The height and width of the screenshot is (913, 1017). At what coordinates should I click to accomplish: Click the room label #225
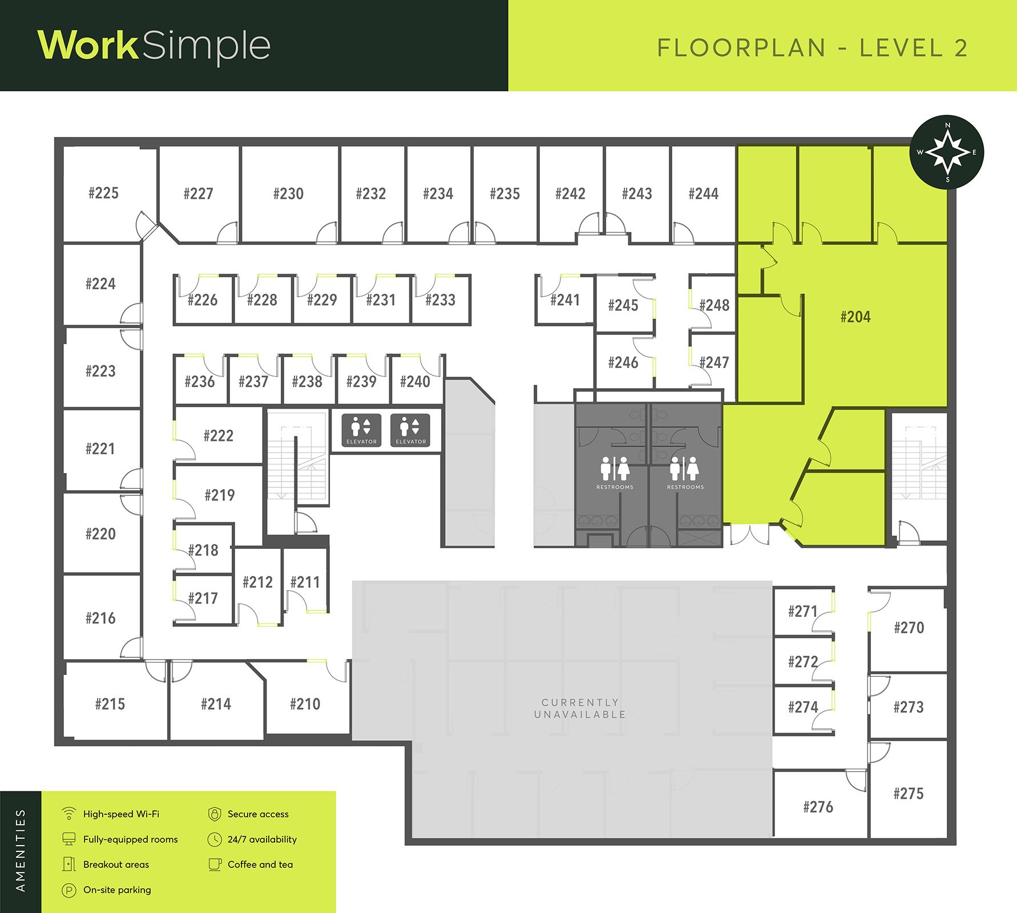pyautogui.click(x=103, y=193)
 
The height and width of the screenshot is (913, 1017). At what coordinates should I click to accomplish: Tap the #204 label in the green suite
pyautogui.click(x=855, y=317)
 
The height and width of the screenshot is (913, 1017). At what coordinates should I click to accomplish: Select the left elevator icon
pyautogui.click(x=361, y=430)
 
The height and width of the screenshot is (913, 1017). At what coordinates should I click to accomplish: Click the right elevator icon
pyautogui.click(x=410, y=430)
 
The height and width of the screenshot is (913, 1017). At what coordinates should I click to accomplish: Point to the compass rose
pyautogui.click(x=947, y=152)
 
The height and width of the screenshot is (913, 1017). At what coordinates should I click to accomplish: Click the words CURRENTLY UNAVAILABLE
pyautogui.click(x=580, y=708)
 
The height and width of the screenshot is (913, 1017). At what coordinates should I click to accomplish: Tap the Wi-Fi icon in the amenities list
pyautogui.click(x=69, y=814)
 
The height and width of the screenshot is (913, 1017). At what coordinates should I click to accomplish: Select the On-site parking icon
pyautogui.click(x=69, y=890)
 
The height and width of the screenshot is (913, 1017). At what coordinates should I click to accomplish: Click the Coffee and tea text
pyautogui.click(x=260, y=864)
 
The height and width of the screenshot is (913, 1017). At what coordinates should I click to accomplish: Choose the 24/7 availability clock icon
pyautogui.click(x=215, y=839)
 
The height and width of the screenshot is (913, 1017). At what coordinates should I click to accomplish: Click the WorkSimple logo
pyautogui.click(x=154, y=46)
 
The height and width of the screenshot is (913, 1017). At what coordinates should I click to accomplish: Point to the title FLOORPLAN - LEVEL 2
pyautogui.click(x=813, y=48)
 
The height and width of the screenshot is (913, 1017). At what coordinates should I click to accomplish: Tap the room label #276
pyautogui.click(x=818, y=807)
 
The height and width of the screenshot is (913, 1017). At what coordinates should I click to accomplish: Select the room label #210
pyautogui.click(x=305, y=704)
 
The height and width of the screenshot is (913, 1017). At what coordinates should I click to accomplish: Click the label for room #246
pyautogui.click(x=623, y=362)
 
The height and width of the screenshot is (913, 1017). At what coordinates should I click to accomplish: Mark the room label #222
pyautogui.click(x=219, y=436)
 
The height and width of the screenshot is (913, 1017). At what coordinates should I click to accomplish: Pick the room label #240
pyautogui.click(x=415, y=381)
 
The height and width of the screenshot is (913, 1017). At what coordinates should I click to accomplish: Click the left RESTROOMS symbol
pyautogui.click(x=615, y=472)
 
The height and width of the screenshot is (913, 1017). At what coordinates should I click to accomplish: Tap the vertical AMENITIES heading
pyautogui.click(x=21, y=850)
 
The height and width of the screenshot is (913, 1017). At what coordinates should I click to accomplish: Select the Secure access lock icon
pyautogui.click(x=215, y=814)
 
